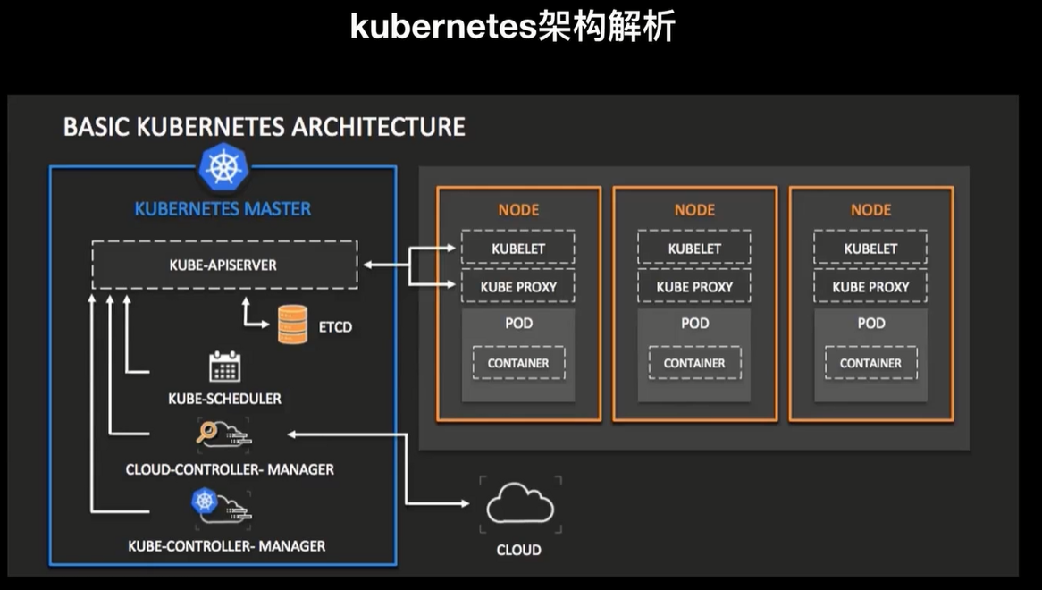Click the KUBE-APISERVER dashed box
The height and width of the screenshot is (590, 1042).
(223, 265)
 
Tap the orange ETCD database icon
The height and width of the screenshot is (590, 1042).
(292, 325)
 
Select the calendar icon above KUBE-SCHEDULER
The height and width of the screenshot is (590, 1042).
(224, 367)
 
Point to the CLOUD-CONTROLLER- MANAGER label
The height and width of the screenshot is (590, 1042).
(230, 469)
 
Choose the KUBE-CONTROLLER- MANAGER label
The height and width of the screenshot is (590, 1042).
(226, 545)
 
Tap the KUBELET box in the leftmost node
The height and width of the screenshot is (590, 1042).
(517, 249)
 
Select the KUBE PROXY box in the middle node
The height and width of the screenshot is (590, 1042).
(694, 287)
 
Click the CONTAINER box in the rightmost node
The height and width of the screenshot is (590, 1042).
(870, 363)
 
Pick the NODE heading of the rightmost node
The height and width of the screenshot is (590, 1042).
(870, 210)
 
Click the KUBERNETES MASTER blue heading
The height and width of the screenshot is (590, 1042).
(223, 209)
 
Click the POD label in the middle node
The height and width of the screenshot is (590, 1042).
(694, 323)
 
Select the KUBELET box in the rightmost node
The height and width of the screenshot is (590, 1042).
(870, 249)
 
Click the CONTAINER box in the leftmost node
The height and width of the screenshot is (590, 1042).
(517, 363)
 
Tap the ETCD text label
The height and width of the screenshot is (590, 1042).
(335, 327)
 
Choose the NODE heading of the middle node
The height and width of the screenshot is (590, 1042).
(694, 210)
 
